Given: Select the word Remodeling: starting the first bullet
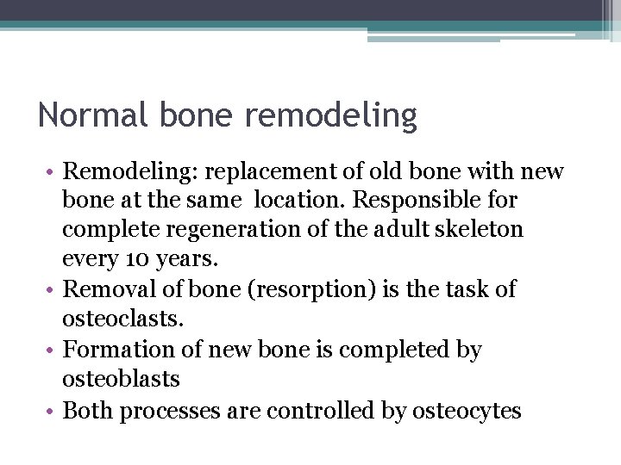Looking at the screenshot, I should coord(130,171).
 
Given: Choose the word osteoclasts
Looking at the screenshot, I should coord(122,319).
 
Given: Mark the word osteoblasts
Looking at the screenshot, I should coord(122,379).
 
